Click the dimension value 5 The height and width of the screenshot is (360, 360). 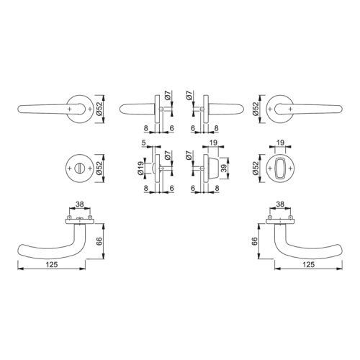pos(143,143)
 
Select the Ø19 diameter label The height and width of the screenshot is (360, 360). pos(141,168)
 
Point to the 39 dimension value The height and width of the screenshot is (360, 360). pos(223,168)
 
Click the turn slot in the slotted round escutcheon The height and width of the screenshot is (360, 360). pos(79,168)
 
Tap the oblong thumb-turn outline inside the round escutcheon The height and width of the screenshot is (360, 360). pos(280,168)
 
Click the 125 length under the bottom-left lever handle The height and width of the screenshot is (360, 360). pos(52,264)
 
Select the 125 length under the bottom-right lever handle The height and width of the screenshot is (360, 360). pos(308,264)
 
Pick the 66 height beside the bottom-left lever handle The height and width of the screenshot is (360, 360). pos(99,241)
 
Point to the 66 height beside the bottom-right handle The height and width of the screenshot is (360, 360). pos(255,241)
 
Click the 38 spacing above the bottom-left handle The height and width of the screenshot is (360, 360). pos(80,204)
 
